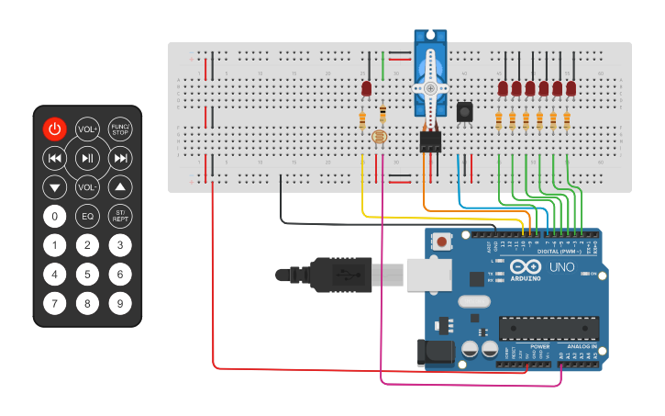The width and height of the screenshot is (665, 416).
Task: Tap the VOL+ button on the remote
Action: pyautogui.click(x=87, y=129)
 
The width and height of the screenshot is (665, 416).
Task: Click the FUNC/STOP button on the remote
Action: pyautogui.click(x=120, y=129)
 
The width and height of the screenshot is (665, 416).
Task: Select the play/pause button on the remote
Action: pyautogui.click(x=87, y=158)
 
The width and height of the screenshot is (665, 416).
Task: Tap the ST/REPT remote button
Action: pyautogui.click(x=120, y=216)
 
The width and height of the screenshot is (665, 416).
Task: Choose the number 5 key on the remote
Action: pyautogui.click(x=87, y=274)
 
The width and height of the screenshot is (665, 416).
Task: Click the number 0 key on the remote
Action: pyautogui.click(x=55, y=217)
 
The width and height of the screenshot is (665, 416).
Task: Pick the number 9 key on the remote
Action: pyautogui.click(x=120, y=302)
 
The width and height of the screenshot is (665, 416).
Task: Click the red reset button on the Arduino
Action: pyautogui.click(x=443, y=242)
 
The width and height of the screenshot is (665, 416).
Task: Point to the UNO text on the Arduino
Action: pyautogui.click(x=560, y=267)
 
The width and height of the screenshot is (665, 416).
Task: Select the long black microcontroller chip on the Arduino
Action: pyautogui.click(x=549, y=328)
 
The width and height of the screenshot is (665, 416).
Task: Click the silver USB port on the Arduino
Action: pyautogui.click(x=429, y=274)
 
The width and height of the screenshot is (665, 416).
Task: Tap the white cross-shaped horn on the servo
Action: pyautogui.click(x=429, y=87)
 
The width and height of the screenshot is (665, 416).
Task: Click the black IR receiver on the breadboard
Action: pyautogui.click(x=465, y=111)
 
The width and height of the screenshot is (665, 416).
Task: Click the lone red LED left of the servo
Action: pyautogui.click(x=366, y=89)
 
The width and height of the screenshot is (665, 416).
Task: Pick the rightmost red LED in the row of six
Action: pyautogui.click(x=571, y=88)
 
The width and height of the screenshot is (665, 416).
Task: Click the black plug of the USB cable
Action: pyautogui.click(x=339, y=274)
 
